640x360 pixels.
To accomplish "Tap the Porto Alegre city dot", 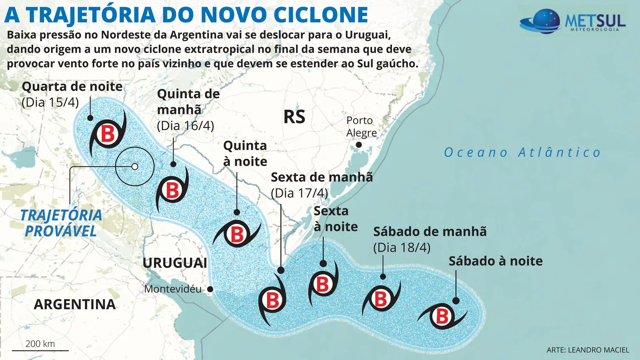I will click(x=359, y=145).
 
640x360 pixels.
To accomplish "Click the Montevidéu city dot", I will click(x=210, y=289).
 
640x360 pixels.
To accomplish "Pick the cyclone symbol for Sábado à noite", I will click(x=442, y=316).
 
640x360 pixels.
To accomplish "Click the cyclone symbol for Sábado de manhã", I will click(x=380, y=298).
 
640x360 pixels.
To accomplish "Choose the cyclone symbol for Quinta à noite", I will click(x=237, y=234).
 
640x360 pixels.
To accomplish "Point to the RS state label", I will click(x=294, y=117).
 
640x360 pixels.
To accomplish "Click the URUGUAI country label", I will click(x=175, y=263).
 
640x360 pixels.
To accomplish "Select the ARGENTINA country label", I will click(x=75, y=304).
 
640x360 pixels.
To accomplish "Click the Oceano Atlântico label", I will click(x=522, y=152).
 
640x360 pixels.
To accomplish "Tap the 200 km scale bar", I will click(x=40, y=350).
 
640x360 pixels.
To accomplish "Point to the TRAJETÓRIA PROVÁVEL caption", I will click(x=61, y=223).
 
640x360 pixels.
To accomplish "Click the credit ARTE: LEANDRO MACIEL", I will click(x=588, y=350).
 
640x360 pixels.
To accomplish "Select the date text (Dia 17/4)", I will click(x=299, y=193).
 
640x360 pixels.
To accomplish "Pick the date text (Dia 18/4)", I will click(x=402, y=247).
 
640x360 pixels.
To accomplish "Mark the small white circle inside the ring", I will click(x=135, y=166).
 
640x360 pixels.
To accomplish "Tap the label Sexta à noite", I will click(x=335, y=218).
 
